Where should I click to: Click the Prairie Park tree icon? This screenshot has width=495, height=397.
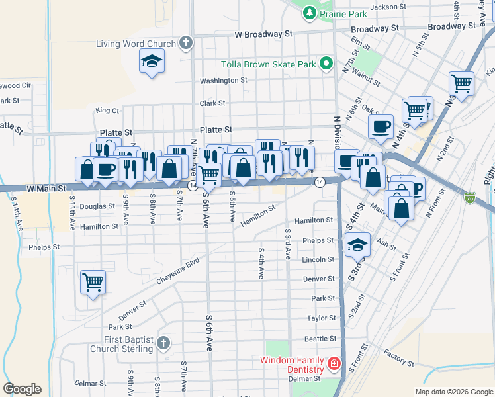pos(309,13)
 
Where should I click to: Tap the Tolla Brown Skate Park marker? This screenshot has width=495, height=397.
pos(326,64)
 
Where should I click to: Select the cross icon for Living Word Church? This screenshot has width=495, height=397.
pos(186,44)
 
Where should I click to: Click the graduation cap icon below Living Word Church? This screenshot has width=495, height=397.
pos(152,62)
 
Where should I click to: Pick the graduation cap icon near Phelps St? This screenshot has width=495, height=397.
pos(357,245)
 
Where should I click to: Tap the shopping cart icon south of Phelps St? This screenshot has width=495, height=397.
pos(93,282)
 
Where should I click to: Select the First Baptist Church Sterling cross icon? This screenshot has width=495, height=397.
pos(163,343)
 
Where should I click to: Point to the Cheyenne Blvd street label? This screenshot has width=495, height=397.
pos(178,271)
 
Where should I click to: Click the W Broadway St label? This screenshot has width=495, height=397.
pos(263,34)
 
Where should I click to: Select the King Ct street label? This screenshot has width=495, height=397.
pos(107,110)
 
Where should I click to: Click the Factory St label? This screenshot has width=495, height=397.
pos(398,360)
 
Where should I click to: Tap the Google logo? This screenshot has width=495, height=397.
pos(22,389)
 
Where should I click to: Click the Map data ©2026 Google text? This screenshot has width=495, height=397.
pos(453,392)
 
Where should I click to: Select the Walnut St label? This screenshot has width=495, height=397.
pos(365,73)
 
